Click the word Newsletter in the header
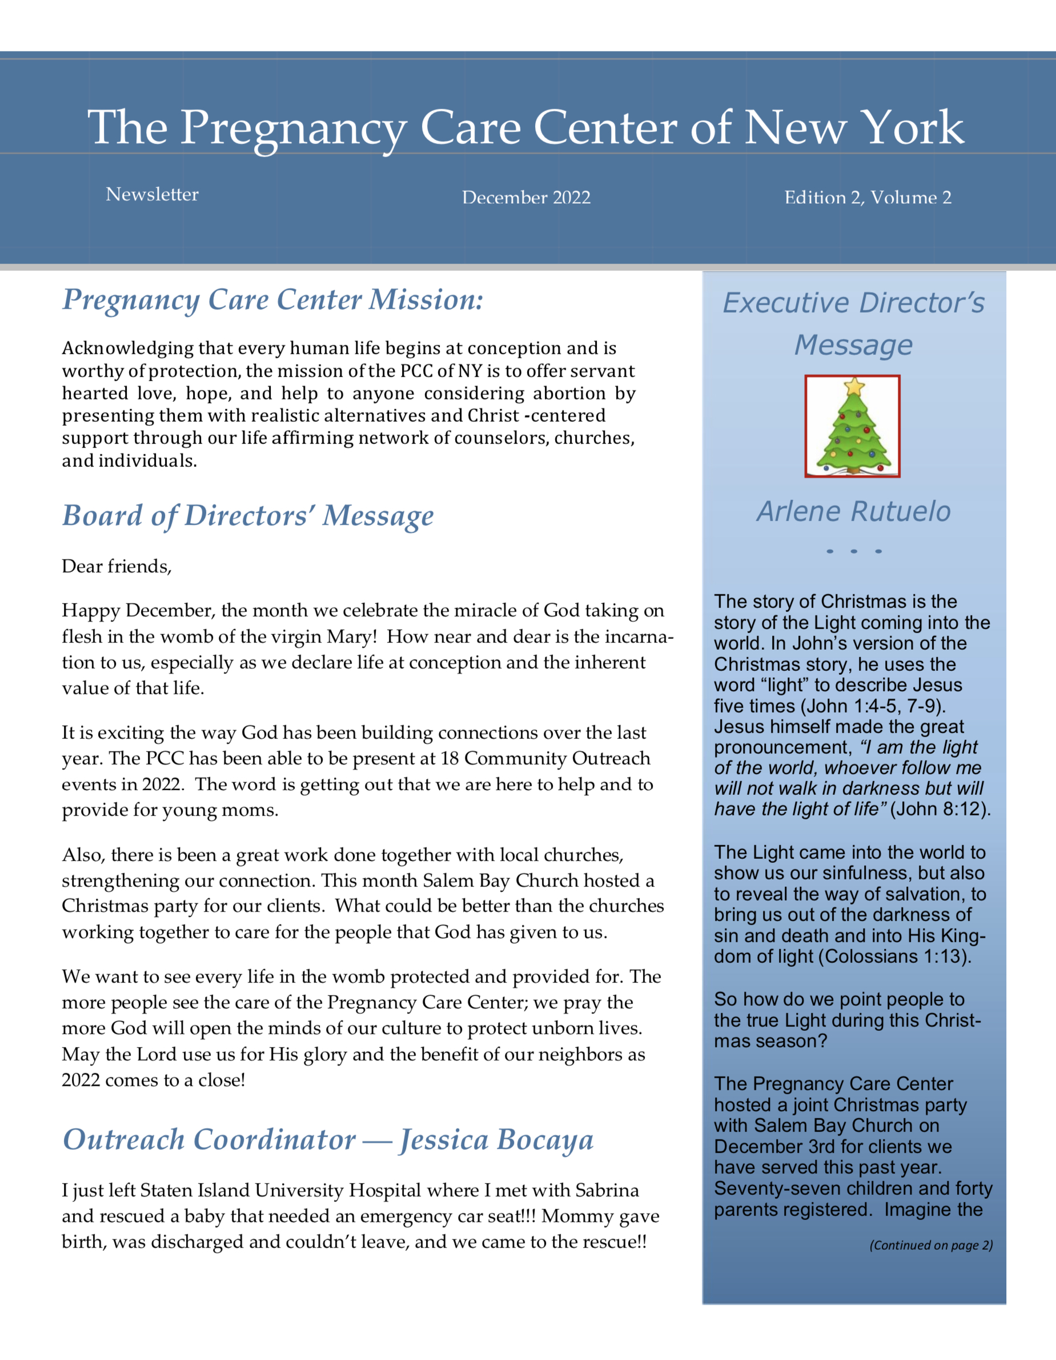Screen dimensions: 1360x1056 click(x=152, y=194)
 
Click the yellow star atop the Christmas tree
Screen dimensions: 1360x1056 click(x=854, y=387)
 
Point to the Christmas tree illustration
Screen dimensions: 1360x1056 click(x=853, y=430)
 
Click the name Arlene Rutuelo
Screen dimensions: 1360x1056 click(x=854, y=511)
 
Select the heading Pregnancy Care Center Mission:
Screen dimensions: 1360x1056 click(x=272, y=300)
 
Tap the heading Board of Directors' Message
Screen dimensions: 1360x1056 click(x=248, y=516)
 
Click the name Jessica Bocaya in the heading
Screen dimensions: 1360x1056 click(x=496, y=1140)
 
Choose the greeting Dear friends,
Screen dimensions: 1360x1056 click(x=117, y=567)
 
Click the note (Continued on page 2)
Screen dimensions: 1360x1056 click(x=931, y=1245)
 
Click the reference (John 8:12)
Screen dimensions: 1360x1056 click(x=939, y=809)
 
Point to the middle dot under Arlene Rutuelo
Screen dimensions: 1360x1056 click(x=854, y=551)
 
